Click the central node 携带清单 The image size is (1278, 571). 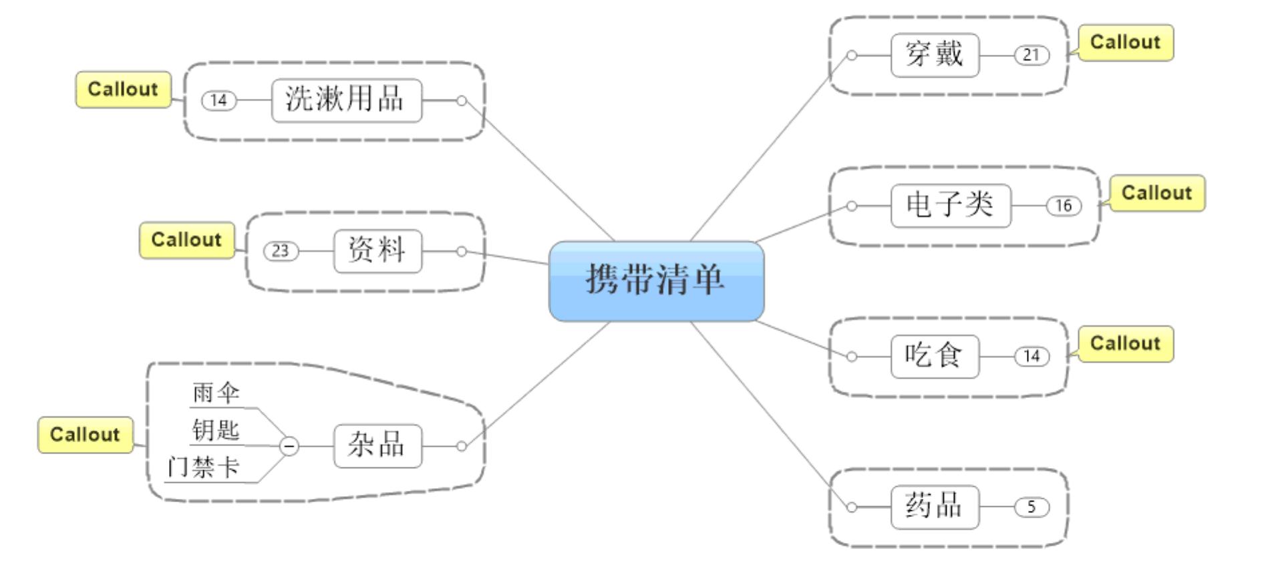pos(656,281)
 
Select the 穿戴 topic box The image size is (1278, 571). pos(935,55)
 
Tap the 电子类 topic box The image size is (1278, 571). pos(950,206)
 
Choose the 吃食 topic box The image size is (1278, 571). pos(935,357)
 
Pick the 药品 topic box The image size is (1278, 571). pos(935,507)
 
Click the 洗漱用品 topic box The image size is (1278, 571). pos(346,101)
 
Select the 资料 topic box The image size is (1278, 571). pos(377,251)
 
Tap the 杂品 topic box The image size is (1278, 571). pos(377,445)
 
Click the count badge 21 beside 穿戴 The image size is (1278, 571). pos(1031,55)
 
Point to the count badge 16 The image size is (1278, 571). pos(1063,206)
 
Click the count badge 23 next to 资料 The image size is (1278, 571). pos(281,251)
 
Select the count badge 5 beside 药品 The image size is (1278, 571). pos(1031,507)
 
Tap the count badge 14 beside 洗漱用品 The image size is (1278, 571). pos(219,101)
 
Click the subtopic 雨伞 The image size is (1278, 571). pos(216,393)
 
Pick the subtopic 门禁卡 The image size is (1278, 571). pos(203,467)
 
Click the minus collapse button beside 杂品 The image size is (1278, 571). pos(289,445)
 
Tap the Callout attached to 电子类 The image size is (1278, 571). pos(1157,194)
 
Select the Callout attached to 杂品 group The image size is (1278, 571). pos(85,435)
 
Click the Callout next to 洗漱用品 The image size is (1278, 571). pos(123,89)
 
